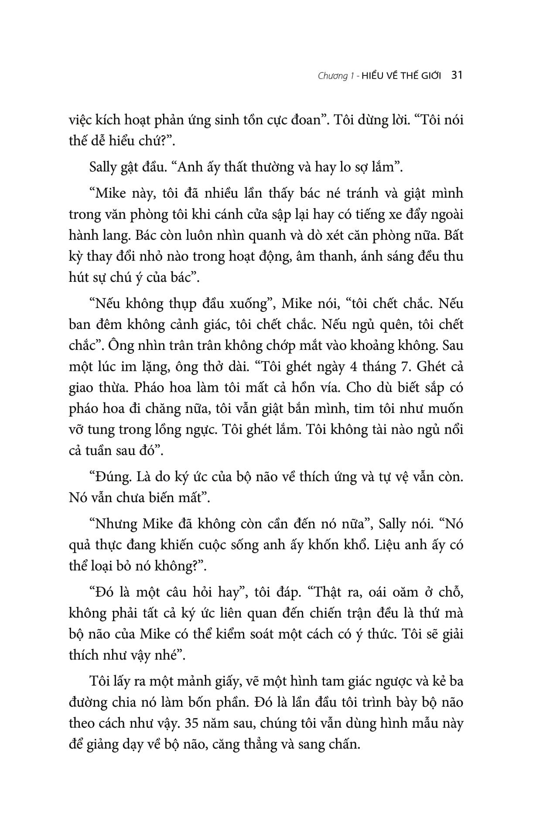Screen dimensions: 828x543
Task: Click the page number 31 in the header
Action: pos(457,75)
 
